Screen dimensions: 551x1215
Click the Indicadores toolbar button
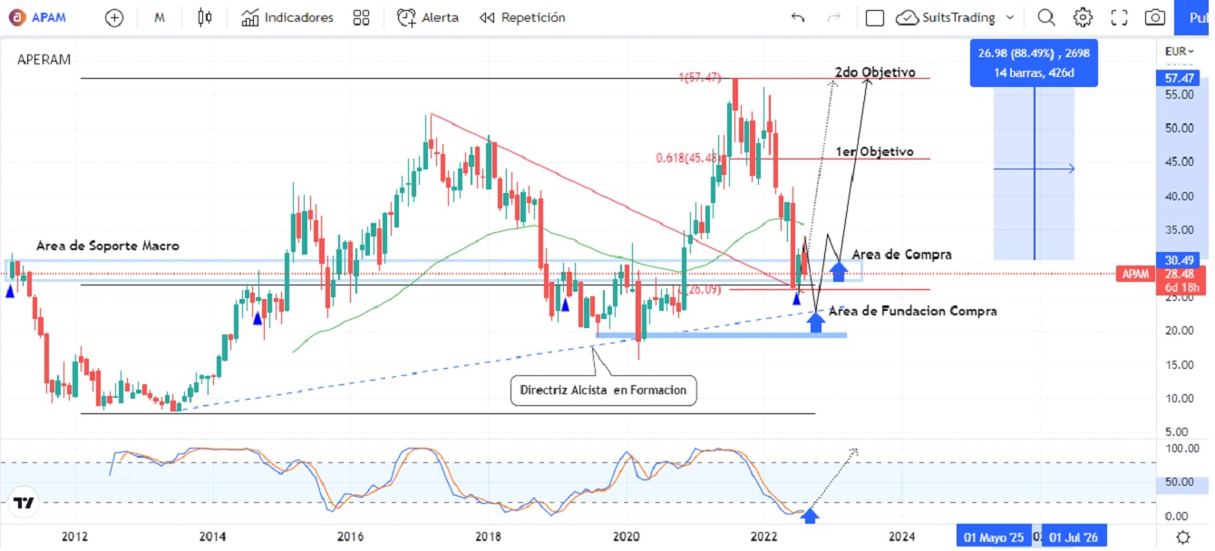point(287,17)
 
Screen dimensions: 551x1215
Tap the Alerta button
point(428,17)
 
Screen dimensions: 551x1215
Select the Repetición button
point(522,17)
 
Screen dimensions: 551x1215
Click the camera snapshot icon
point(1154,17)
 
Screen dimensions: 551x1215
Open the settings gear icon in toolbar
point(1083,17)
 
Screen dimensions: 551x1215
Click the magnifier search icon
point(1046,17)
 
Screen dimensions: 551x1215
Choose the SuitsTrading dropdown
point(955,17)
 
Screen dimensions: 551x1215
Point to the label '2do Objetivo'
point(875,72)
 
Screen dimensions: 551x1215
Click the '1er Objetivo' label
point(874,151)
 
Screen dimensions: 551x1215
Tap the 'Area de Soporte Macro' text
point(107,246)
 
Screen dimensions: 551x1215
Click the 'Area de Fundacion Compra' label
point(912,311)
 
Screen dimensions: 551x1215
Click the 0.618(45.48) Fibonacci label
point(689,158)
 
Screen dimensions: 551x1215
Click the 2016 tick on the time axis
point(350,536)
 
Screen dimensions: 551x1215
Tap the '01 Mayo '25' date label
point(994,537)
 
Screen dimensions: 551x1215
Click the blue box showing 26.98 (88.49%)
point(1033,62)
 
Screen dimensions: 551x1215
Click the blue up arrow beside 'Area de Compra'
point(839,269)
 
